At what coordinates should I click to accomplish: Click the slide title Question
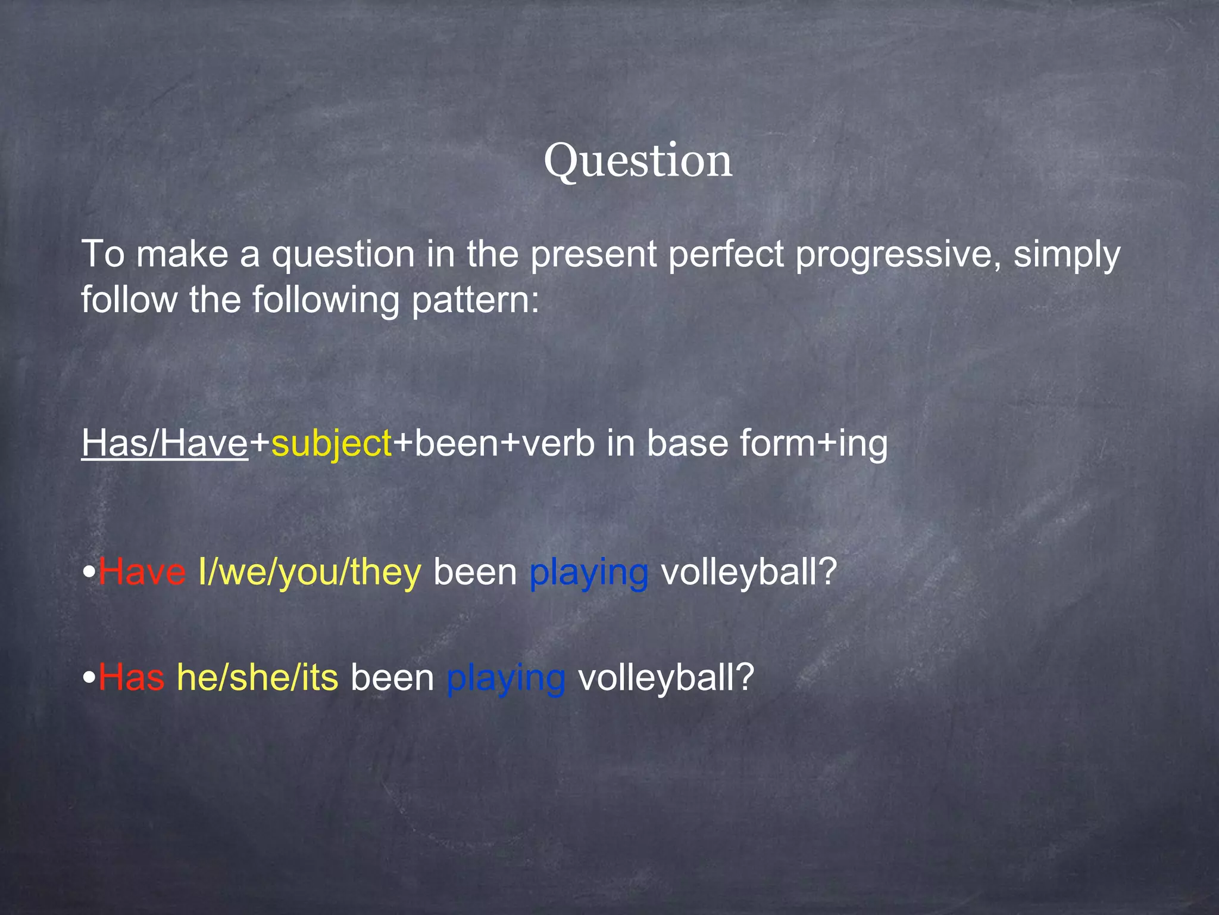[x=637, y=161]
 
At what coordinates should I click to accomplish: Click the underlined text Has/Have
[x=165, y=443]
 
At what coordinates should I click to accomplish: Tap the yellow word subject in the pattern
[x=332, y=444]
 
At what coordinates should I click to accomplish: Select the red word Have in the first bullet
[x=142, y=572]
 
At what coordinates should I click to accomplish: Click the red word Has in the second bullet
[x=132, y=678]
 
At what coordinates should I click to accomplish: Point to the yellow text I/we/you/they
[x=310, y=573]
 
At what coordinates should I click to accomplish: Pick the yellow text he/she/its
[x=257, y=678]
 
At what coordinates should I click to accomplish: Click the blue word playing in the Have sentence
[x=589, y=573]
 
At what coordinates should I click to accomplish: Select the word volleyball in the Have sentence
[x=749, y=572]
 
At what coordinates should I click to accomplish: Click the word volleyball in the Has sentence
[x=666, y=678]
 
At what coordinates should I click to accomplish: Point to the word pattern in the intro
[x=475, y=300]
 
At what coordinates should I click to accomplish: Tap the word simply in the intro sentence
[x=1067, y=255]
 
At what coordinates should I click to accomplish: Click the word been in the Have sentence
[x=475, y=572]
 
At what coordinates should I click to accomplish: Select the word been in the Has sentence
[x=392, y=678]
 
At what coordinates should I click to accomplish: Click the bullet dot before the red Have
[x=89, y=572]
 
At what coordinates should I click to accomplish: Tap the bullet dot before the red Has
[x=89, y=678]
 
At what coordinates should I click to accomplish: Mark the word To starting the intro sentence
[x=102, y=254]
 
